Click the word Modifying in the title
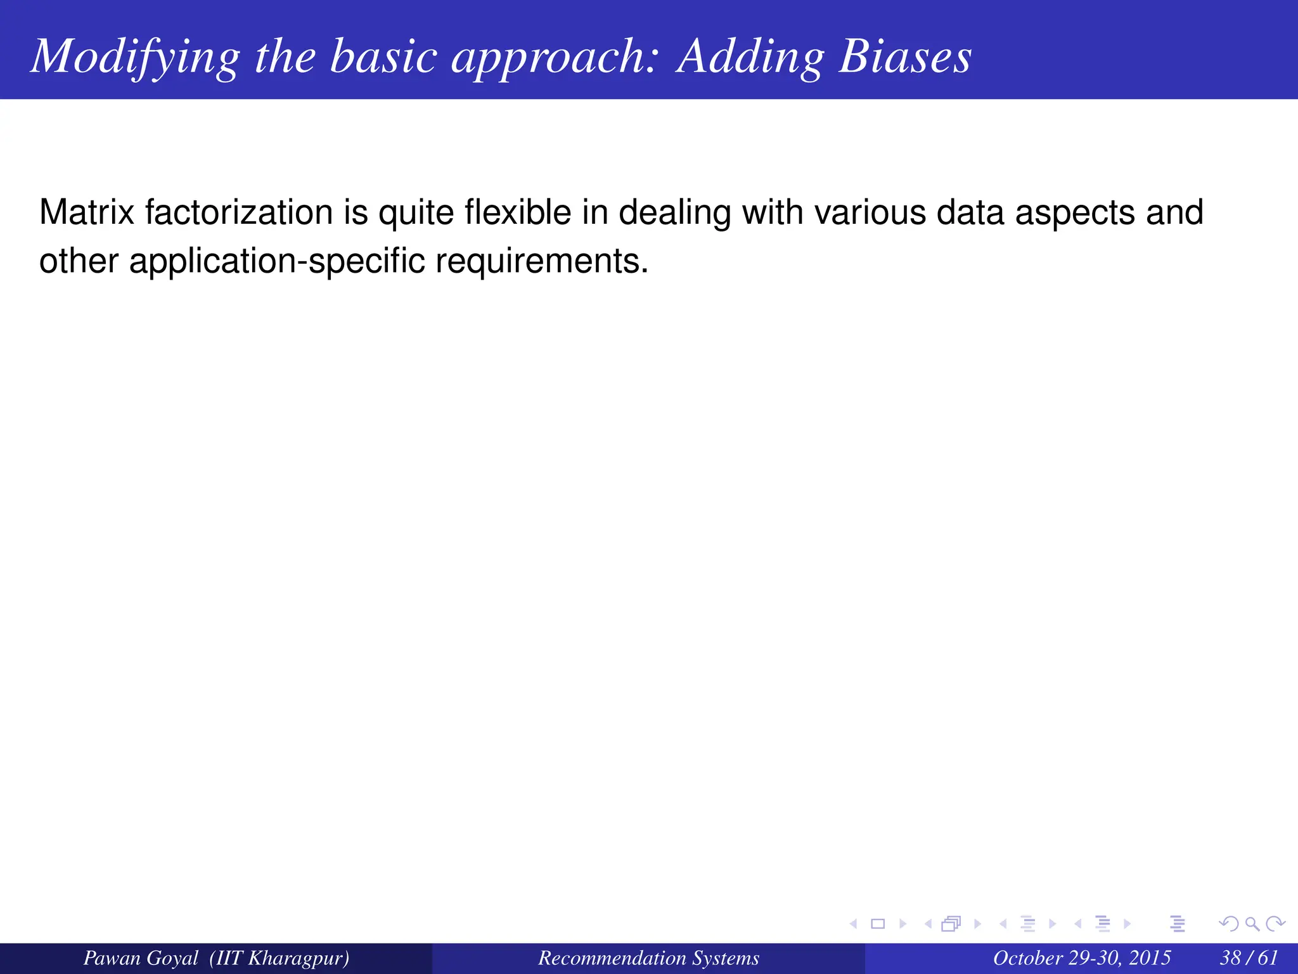(136, 57)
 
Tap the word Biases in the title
(905, 57)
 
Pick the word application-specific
(276, 261)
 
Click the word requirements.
(542, 261)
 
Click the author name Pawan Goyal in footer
(141, 958)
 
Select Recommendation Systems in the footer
(648, 958)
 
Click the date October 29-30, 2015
(1081, 958)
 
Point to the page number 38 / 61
(1249, 958)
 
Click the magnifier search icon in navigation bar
(1252, 924)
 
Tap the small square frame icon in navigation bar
(878, 924)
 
